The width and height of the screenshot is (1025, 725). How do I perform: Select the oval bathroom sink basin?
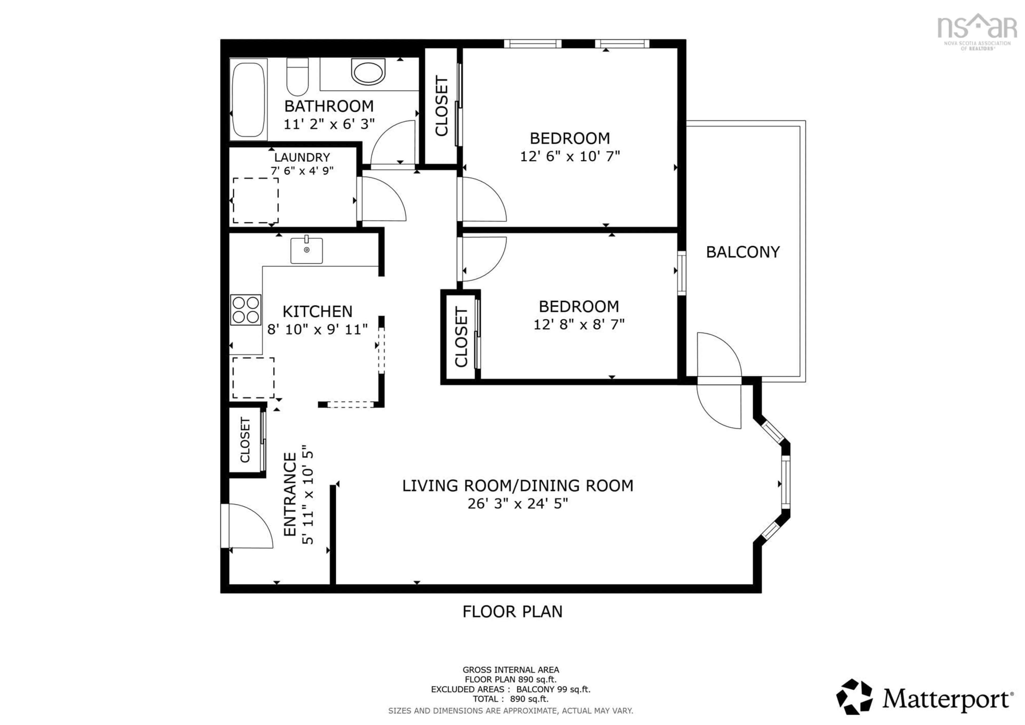(368, 72)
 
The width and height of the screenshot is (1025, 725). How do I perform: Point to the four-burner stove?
(246, 309)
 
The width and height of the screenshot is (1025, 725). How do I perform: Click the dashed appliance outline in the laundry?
(255, 200)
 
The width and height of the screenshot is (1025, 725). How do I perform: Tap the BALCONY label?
(742, 252)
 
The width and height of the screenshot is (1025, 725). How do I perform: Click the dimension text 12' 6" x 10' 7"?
(570, 156)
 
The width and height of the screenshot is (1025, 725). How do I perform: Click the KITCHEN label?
(317, 311)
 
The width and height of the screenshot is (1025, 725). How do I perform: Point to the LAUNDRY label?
(302, 157)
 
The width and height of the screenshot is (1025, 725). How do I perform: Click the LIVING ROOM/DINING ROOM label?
(517, 486)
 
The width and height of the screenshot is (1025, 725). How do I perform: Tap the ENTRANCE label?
(290, 494)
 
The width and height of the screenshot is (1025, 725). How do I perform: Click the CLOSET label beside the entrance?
(245, 440)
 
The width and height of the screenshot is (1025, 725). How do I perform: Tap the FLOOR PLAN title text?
(512, 612)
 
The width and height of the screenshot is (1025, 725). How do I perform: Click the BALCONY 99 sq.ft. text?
(553, 689)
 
